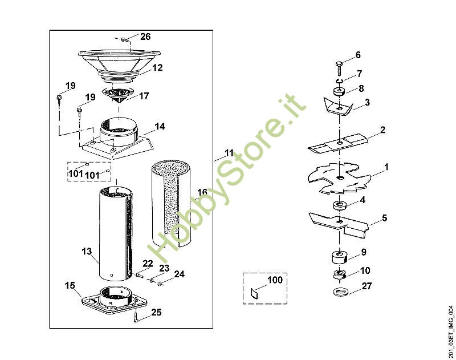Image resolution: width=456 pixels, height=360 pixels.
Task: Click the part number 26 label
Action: [x=145, y=37]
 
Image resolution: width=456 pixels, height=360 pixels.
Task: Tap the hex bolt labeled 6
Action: [x=339, y=68]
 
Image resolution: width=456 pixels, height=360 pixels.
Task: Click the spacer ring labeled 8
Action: [x=339, y=92]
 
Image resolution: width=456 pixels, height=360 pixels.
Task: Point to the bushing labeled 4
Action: [x=339, y=205]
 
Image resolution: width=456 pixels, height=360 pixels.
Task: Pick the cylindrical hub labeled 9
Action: [x=339, y=257]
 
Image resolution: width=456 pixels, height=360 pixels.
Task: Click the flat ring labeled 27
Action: [x=339, y=292]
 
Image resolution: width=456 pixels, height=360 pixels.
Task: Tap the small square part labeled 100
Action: [x=254, y=293]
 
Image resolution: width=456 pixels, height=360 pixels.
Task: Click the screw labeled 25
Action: [x=136, y=317]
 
